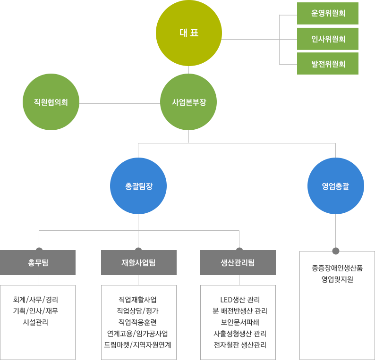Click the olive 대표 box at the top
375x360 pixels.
188,33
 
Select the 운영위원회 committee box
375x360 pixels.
328,13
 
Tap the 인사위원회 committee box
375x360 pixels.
328,39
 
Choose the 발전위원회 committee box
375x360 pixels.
328,64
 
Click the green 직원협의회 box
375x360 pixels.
51,101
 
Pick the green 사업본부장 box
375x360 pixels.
188,101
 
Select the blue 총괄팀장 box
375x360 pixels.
138,186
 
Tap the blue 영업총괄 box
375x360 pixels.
335,186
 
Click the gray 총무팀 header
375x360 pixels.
38,262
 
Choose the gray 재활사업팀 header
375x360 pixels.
138,262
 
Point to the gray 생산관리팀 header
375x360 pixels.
238,262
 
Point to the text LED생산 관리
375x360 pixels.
240,300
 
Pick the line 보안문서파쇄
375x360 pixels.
240,322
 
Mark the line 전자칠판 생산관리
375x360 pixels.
240,345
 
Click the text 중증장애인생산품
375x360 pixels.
337,268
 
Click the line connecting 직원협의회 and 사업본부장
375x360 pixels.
119,103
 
